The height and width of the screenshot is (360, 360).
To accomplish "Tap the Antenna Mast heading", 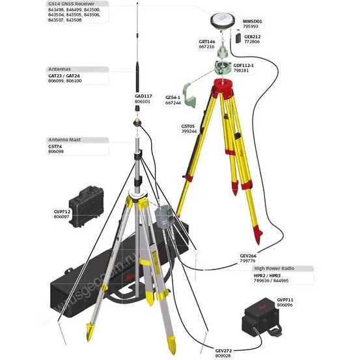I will (68, 140).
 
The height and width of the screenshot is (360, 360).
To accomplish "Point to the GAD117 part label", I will (143, 96).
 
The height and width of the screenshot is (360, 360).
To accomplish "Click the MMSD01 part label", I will (251, 21).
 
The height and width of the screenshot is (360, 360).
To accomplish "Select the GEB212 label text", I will (253, 36).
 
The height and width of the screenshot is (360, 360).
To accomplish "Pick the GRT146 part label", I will (207, 41).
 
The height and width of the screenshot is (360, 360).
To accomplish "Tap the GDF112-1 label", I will (243, 65).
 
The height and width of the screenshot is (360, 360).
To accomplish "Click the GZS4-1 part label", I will (173, 97).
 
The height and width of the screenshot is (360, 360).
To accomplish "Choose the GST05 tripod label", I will (188, 126).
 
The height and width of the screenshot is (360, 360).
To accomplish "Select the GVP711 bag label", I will (284, 299).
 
